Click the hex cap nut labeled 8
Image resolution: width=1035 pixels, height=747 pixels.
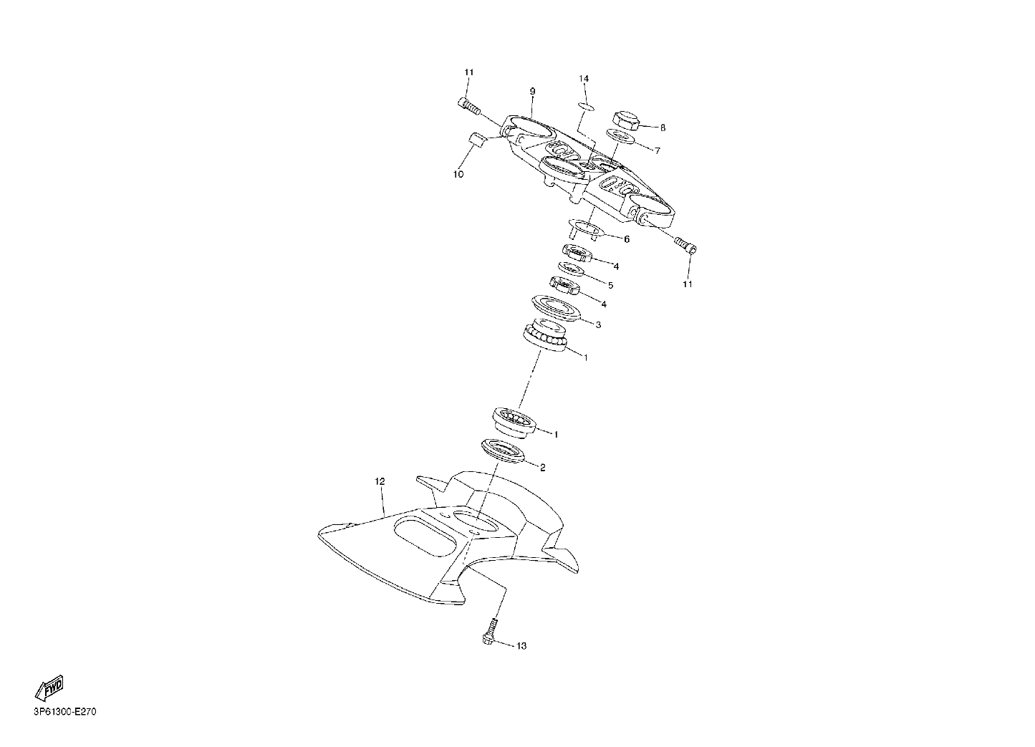pyautogui.click(x=626, y=120)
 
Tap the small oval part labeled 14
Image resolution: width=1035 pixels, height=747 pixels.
pyautogui.click(x=587, y=107)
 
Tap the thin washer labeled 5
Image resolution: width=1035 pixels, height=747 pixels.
pyautogui.click(x=571, y=269)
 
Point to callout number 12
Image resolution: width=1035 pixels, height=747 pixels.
pyautogui.click(x=380, y=481)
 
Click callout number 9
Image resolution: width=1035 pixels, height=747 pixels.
pyautogui.click(x=532, y=92)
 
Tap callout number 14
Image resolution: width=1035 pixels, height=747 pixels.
pyautogui.click(x=584, y=79)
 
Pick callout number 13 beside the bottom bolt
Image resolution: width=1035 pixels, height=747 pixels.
pyautogui.click(x=521, y=646)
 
